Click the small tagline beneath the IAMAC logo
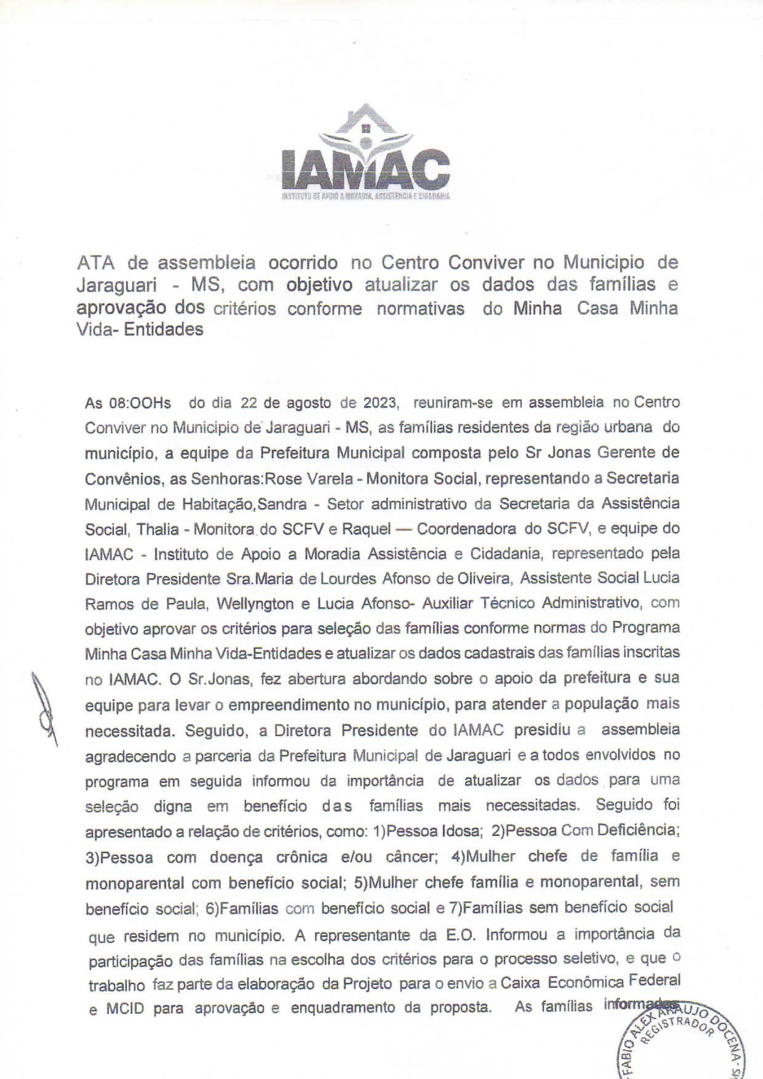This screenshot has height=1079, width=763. pos(365,197)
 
